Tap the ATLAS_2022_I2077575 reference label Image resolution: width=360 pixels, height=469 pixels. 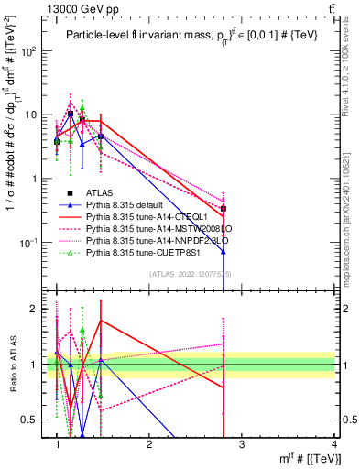pyautogui.click(x=189, y=274)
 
